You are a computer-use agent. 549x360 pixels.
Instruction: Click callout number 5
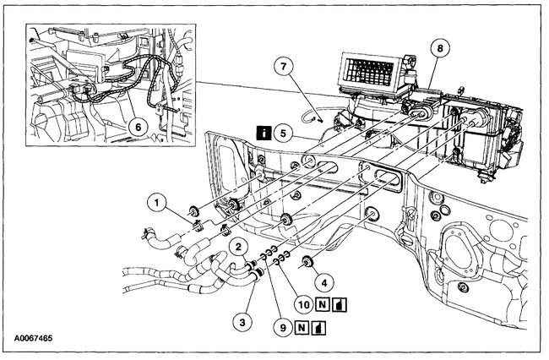click(x=283, y=132)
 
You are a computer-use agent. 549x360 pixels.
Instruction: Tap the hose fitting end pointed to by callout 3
click(x=253, y=268)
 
